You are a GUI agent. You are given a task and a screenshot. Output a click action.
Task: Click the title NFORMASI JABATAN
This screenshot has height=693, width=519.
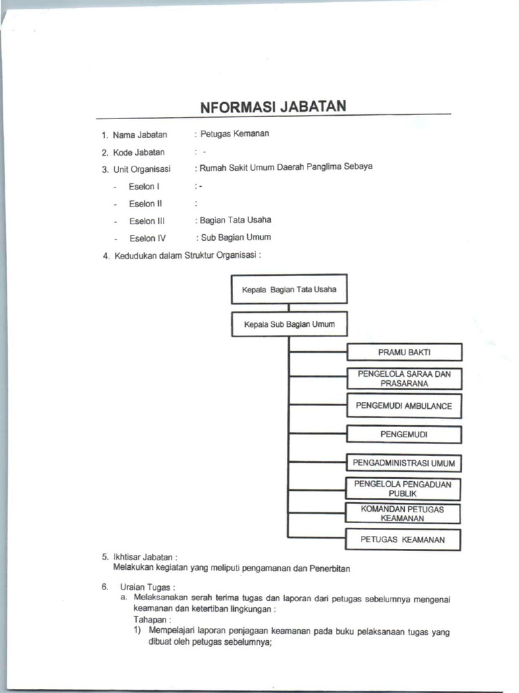(x=273, y=107)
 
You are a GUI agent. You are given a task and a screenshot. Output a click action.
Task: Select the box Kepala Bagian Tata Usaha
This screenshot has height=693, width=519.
(x=289, y=290)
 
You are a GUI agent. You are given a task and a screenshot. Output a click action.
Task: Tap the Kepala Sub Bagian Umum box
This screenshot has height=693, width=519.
(x=289, y=324)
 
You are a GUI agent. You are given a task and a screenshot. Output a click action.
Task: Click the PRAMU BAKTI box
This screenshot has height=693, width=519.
(x=404, y=353)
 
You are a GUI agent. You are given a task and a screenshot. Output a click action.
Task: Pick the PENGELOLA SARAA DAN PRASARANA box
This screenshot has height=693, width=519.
(x=404, y=378)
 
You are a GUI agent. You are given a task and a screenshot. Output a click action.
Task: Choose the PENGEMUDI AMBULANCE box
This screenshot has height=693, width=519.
(x=404, y=406)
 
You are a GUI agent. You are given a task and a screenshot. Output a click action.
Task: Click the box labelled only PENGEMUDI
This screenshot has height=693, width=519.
(x=404, y=434)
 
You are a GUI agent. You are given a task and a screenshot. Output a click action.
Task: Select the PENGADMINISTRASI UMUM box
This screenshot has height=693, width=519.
(x=404, y=464)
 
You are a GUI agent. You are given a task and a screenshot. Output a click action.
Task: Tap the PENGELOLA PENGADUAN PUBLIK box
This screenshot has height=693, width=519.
(x=403, y=489)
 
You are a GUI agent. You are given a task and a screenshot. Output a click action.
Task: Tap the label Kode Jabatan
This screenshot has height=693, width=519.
(x=139, y=152)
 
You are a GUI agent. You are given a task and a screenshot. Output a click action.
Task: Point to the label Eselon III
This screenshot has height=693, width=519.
(x=147, y=221)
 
